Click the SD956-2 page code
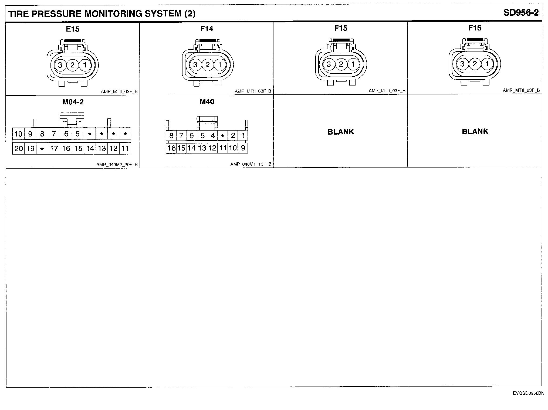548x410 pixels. (x=521, y=13)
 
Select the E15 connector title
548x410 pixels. (x=73, y=29)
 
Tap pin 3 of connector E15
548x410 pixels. (x=60, y=65)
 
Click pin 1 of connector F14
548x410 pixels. (x=220, y=65)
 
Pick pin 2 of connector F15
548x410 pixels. (x=341, y=64)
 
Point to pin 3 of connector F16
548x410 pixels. (x=462, y=64)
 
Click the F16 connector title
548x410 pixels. (x=475, y=28)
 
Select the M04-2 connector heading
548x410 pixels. (x=73, y=102)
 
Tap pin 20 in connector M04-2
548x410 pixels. (x=18, y=148)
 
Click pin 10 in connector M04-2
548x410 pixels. (x=18, y=134)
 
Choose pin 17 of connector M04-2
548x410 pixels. (x=54, y=148)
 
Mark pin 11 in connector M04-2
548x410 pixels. (x=125, y=148)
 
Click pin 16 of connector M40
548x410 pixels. (x=171, y=148)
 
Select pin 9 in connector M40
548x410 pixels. (x=243, y=148)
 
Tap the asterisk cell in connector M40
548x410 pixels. (x=223, y=136)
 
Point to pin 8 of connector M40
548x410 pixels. (x=171, y=135)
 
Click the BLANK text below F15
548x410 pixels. (x=341, y=132)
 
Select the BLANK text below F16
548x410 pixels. (x=475, y=132)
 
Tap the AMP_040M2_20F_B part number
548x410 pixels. (x=117, y=165)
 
